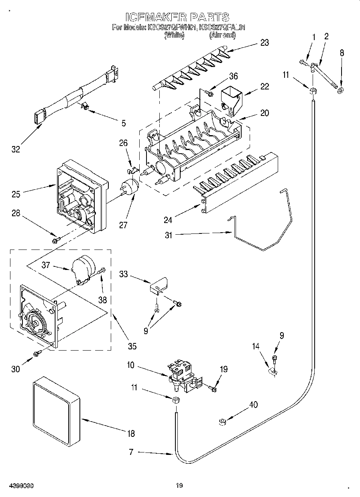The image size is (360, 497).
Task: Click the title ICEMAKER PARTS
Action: [x=177, y=17]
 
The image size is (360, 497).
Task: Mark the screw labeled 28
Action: [x=56, y=240]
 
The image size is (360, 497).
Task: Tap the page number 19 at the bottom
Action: [x=179, y=486]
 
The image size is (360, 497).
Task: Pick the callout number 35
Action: [x=132, y=346]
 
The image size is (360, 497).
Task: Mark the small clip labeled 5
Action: [x=85, y=106]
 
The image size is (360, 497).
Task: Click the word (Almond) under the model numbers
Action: [x=222, y=35]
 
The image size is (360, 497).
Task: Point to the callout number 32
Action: [x=16, y=149]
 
